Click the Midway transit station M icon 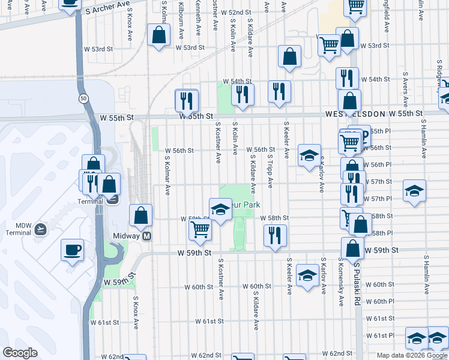click(146, 236)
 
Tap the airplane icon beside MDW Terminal click(40, 229)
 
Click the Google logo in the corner click(20, 353)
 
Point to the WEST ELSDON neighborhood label click(353, 113)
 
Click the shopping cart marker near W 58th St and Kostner click(200, 229)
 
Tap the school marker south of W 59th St click(308, 276)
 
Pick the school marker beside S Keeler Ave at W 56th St click(309, 155)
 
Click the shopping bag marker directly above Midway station click(140, 215)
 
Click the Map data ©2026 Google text click(412, 355)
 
